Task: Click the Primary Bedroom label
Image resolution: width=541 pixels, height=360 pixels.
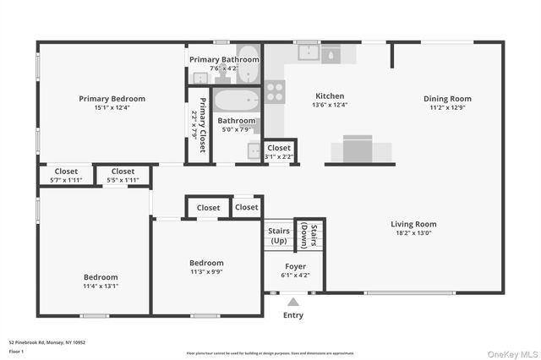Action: pyautogui.click(x=112, y=99)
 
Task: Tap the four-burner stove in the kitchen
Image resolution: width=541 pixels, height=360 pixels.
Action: pyautogui.click(x=275, y=91)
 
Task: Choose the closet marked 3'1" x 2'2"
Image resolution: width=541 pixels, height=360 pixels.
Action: pyautogui.click(x=279, y=151)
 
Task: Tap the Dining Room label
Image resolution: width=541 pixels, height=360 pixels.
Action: pyautogui.click(x=447, y=99)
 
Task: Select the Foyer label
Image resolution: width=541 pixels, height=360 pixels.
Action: pyautogui.click(x=295, y=266)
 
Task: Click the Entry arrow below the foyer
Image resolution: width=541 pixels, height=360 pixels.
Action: pyautogui.click(x=293, y=301)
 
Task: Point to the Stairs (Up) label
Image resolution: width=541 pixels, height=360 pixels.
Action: pyautogui.click(x=279, y=235)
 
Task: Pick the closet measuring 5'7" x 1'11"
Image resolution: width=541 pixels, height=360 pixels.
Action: pyautogui.click(x=60, y=175)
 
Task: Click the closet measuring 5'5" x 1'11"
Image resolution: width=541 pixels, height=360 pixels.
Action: pyautogui.click(x=123, y=175)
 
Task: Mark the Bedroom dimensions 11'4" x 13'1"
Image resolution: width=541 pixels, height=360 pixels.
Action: pyautogui.click(x=101, y=286)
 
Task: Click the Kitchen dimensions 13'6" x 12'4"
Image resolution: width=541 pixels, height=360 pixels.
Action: pyautogui.click(x=330, y=105)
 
